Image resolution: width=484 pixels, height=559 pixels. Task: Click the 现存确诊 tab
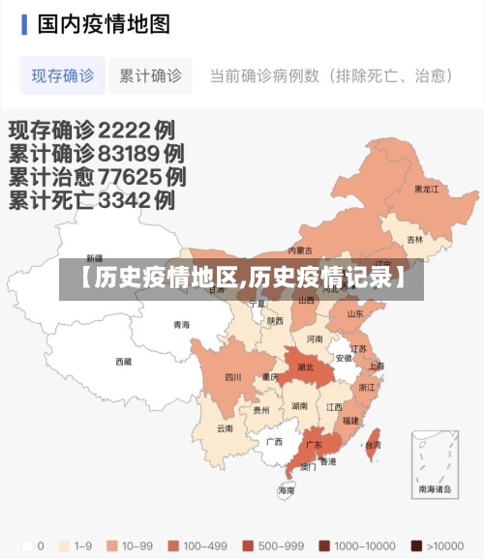(63, 74)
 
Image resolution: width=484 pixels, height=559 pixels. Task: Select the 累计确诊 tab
(150, 74)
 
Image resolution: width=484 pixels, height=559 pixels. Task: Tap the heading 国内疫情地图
(104, 24)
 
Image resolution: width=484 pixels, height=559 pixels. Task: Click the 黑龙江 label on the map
(427, 190)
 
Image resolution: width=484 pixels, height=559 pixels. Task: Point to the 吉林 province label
(415, 239)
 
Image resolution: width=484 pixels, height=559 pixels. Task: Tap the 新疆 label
(94, 258)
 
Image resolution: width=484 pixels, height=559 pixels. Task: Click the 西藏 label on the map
(124, 362)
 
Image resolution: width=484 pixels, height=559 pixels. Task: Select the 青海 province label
(182, 325)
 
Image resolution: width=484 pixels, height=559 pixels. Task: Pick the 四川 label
(233, 377)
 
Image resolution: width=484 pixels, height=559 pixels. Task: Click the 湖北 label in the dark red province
(306, 368)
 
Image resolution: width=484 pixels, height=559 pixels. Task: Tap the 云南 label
(225, 427)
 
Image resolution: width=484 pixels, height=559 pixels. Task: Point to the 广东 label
(314, 446)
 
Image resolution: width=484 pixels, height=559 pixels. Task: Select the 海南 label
(287, 490)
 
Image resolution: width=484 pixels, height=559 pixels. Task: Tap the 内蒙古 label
(301, 250)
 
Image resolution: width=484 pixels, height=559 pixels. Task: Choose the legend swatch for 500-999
(248, 544)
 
